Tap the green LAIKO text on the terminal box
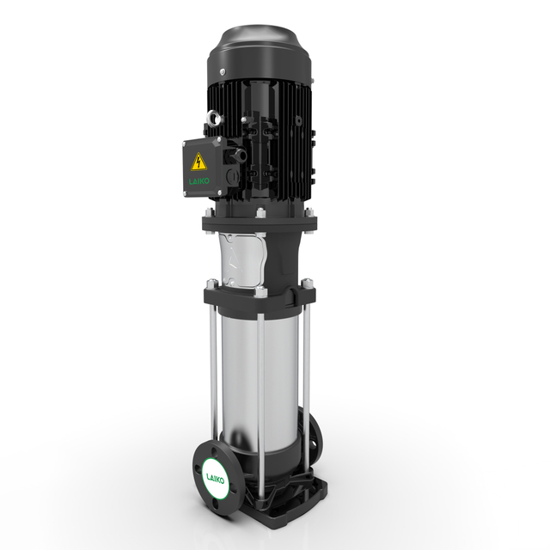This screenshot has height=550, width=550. [x=199, y=181]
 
